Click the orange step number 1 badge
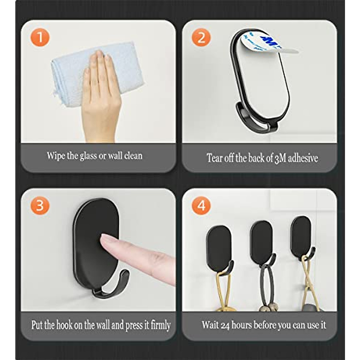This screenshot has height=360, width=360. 39,38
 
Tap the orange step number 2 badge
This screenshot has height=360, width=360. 201,38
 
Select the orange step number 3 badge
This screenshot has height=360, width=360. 39,206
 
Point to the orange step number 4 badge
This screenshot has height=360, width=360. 201,206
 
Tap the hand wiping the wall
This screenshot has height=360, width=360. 100,96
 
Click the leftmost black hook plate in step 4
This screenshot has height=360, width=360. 218,244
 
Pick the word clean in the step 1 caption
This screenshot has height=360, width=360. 133,156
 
